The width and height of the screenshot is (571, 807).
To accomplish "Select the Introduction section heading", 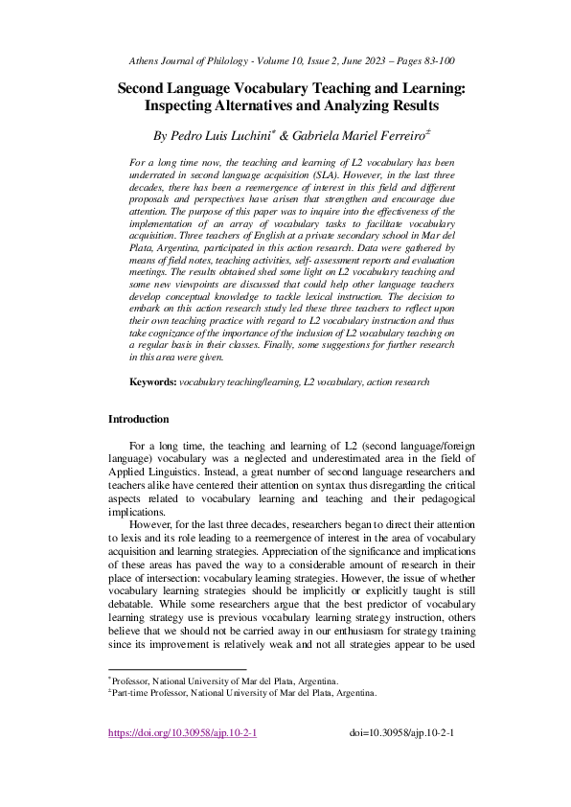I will [138, 419].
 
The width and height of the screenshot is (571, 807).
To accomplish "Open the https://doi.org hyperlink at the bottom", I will [182, 733].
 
